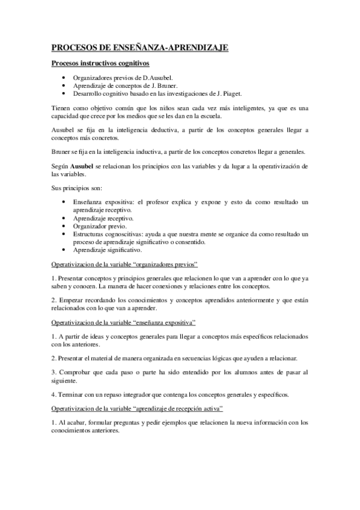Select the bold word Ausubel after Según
(83, 165)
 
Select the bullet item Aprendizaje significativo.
(107, 249)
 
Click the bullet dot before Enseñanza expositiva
(64, 203)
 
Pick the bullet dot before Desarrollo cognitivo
(64, 93)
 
